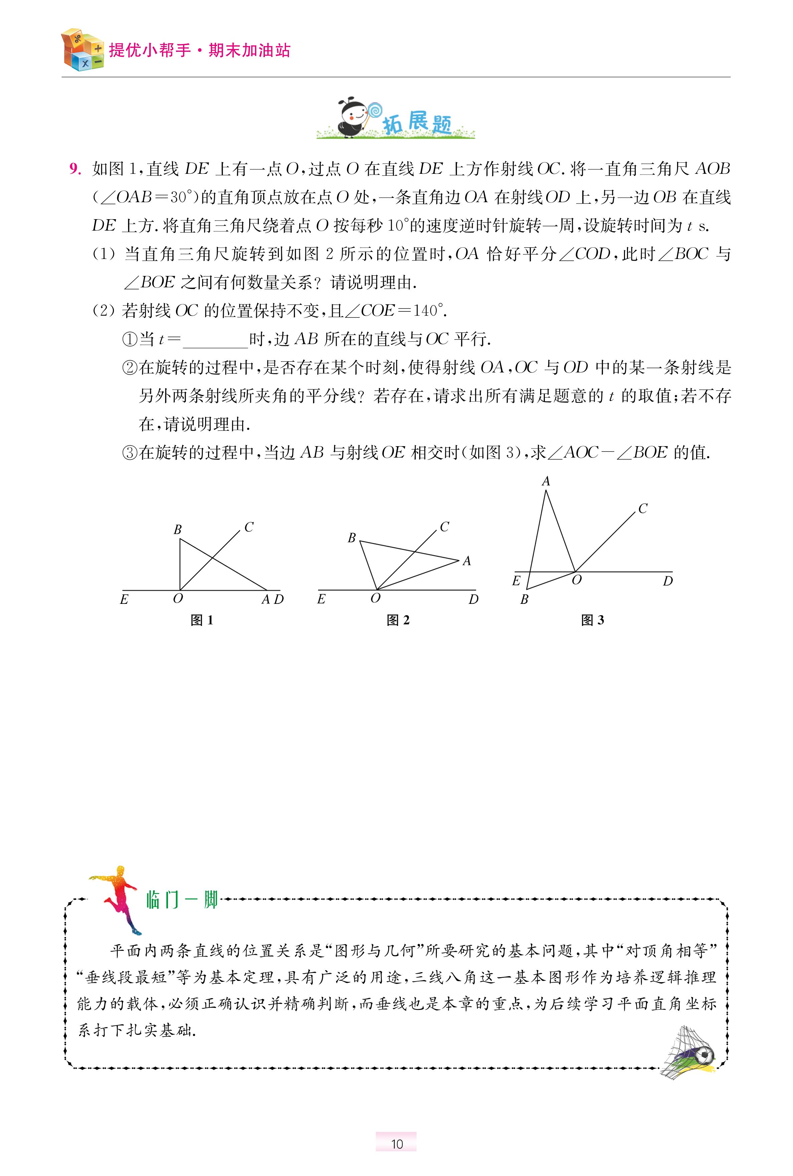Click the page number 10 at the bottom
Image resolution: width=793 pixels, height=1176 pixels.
pyautogui.click(x=396, y=1144)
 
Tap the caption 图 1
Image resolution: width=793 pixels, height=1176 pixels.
pyautogui.click(x=202, y=620)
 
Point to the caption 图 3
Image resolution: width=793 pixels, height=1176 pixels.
pyautogui.click(x=592, y=620)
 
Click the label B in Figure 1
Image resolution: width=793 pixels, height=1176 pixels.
pyautogui.click(x=177, y=530)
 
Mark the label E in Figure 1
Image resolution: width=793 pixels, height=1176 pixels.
pyautogui.click(x=124, y=600)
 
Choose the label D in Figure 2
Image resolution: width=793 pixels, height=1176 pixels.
pyautogui.click(x=473, y=600)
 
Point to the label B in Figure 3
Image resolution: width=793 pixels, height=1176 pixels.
pyautogui.click(x=524, y=600)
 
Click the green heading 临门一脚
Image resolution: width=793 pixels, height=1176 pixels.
pyautogui.click(x=182, y=900)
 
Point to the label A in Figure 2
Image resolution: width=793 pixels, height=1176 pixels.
pyautogui.click(x=466, y=561)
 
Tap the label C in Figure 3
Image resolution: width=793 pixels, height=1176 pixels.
pyautogui.click(x=643, y=509)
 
